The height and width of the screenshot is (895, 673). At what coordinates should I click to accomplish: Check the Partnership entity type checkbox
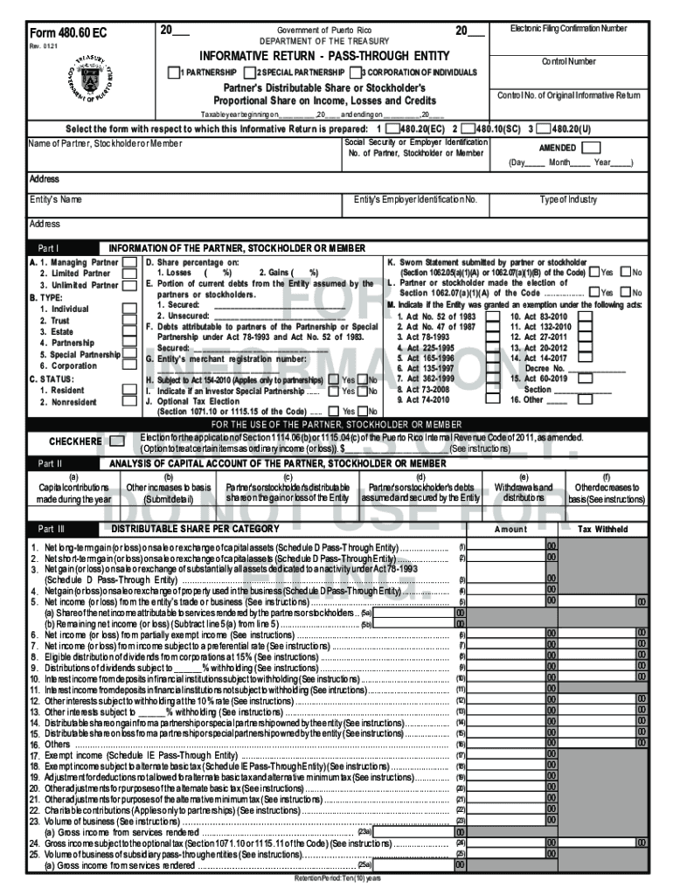coord(174,72)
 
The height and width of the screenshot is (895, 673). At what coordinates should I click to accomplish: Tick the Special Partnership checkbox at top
coord(250,72)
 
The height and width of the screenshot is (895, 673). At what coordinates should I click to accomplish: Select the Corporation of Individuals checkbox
coord(357,72)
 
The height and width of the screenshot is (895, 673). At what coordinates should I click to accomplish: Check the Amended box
coord(591,148)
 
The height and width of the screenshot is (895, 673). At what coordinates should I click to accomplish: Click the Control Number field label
coord(568,62)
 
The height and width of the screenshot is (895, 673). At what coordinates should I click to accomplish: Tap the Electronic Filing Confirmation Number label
coord(568,29)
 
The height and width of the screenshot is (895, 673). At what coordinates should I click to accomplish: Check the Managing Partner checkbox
coord(128,261)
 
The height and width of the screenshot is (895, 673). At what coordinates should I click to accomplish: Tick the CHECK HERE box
coord(116,441)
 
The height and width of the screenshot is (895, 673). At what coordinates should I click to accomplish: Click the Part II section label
coord(48,463)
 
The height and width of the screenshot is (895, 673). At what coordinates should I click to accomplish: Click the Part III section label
coord(49,529)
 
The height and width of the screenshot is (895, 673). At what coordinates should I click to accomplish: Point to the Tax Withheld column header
coord(603,529)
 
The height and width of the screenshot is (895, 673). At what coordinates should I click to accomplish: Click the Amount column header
coord(510,529)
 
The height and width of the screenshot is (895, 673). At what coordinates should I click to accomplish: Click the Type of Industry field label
coord(568,200)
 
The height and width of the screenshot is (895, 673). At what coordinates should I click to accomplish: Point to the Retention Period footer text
coord(336,877)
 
